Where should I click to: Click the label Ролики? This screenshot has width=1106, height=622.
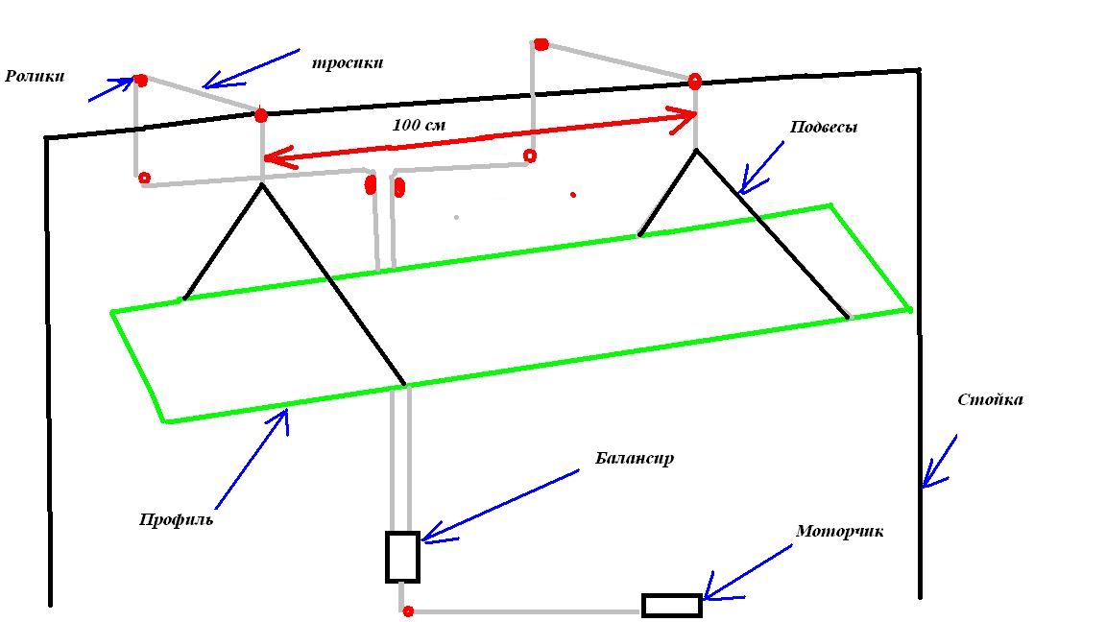click(x=35, y=76)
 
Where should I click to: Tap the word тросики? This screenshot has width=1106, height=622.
click(x=348, y=63)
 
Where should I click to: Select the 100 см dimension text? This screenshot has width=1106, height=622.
click(x=419, y=125)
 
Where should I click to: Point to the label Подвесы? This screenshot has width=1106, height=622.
click(x=823, y=127)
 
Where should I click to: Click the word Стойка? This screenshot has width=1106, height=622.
click(x=990, y=399)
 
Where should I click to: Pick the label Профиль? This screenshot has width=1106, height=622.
click(x=176, y=519)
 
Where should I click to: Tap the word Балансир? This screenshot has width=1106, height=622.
click(x=634, y=458)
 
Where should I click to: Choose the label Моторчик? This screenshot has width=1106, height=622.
click(x=839, y=531)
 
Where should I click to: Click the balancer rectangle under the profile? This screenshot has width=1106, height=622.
click(x=402, y=557)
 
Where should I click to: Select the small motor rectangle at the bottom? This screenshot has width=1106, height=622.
click(x=671, y=606)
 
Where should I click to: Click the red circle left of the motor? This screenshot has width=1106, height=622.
click(x=408, y=611)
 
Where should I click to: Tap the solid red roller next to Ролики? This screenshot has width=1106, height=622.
click(x=141, y=81)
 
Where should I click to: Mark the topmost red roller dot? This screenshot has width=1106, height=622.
click(x=541, y=44)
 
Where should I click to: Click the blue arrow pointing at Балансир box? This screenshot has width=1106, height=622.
click(x=499, y=505)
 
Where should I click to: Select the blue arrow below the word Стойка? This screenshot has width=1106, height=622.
click(x=940, y=462)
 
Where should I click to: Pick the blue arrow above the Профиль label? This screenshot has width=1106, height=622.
click(x=252, y=458)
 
